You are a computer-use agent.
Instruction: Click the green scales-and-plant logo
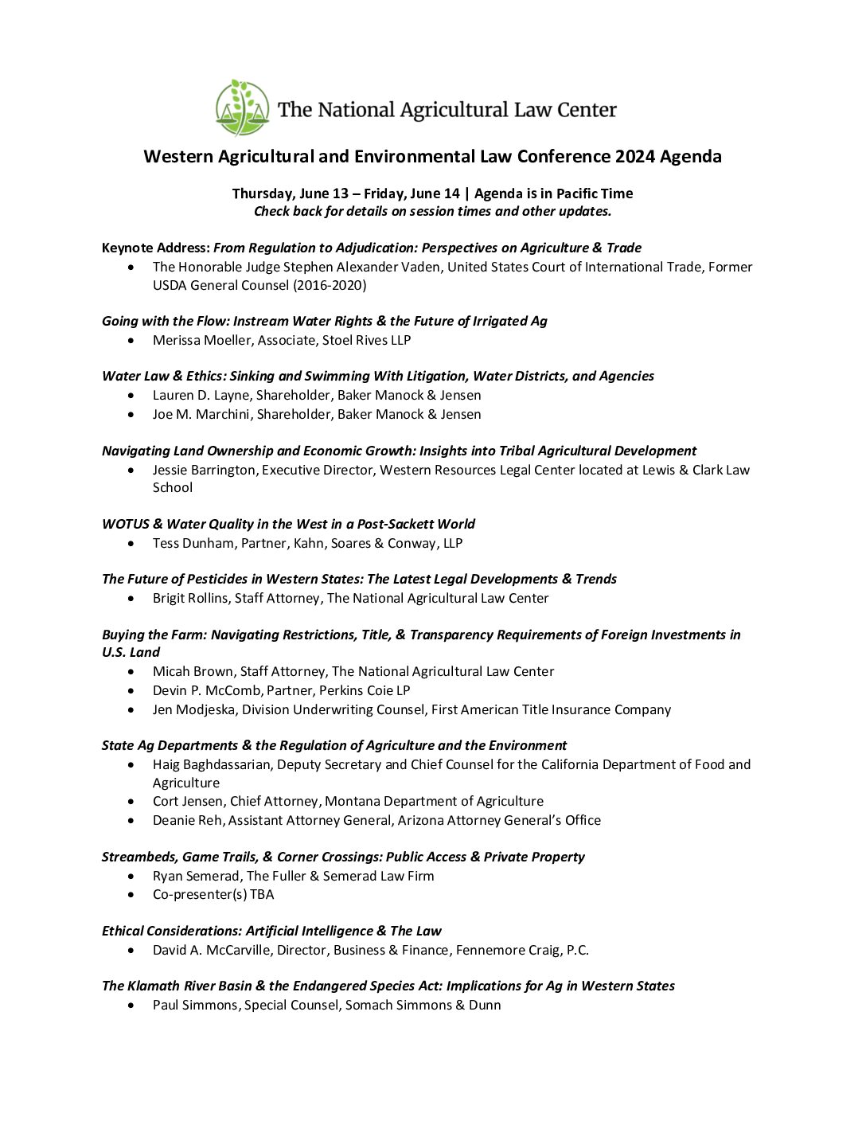click(242, 107)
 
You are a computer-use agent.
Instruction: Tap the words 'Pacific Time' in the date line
click(595, 193)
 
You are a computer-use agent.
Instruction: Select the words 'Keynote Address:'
click(156, 248)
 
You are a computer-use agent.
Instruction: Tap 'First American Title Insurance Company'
click(551, 709)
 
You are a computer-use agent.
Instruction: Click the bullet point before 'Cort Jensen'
click(131, 801)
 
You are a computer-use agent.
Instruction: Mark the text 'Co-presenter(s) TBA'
click(213, 894)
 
